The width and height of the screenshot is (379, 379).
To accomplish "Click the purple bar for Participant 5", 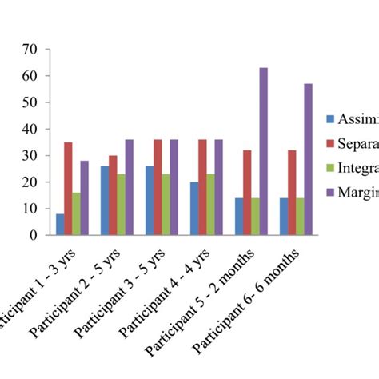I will click(263, 152).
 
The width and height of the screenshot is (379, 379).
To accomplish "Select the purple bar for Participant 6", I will click(308, 160).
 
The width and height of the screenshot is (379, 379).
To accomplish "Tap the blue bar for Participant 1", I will click(60, 225).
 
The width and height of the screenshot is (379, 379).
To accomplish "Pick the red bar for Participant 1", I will click(68, 189).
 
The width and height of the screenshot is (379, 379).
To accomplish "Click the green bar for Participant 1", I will click(76, 214).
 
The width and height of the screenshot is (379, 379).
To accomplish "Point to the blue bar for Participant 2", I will click(105, 201).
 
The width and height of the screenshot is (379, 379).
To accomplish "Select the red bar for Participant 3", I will click(158, 187).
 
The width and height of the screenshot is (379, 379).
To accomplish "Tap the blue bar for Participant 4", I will click(194, 209).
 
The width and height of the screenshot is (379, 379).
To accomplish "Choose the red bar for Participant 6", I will click(292, 193).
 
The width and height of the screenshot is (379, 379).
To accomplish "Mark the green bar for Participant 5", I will click(255, 217).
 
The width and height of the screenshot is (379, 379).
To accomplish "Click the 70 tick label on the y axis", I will click(31, 49).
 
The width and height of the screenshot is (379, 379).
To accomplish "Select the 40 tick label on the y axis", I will click(31, 129).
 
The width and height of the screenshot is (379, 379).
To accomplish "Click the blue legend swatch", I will click(330, 119).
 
